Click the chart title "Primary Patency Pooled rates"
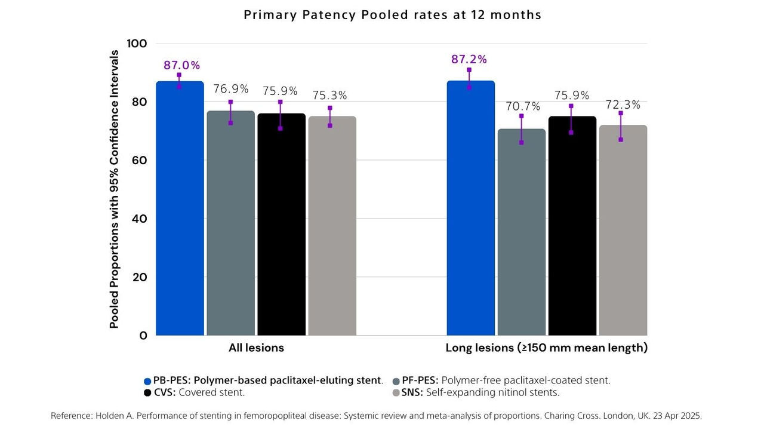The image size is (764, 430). pos(392,15)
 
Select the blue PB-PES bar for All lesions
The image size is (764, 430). pos(180,209)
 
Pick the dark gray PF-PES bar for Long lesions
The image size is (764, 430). pos(521,233)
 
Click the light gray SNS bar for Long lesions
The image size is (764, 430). pos(623,230)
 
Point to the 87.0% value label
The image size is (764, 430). pos(182,66)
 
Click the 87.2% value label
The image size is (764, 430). pos(469,59)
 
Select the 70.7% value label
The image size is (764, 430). pos(523,106)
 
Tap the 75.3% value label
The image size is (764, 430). pos(329,96)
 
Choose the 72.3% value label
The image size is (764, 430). pos(623,105)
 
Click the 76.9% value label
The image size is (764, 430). pos(231,89)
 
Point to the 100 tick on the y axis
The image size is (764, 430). pos(137,44)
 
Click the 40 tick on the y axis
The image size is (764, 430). pos(138,219)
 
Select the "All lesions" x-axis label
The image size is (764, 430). pos(256,348)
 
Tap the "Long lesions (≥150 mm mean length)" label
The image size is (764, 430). pos(546,348)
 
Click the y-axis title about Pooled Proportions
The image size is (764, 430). pos(115,189)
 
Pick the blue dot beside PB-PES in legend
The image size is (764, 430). pos(147,381)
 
